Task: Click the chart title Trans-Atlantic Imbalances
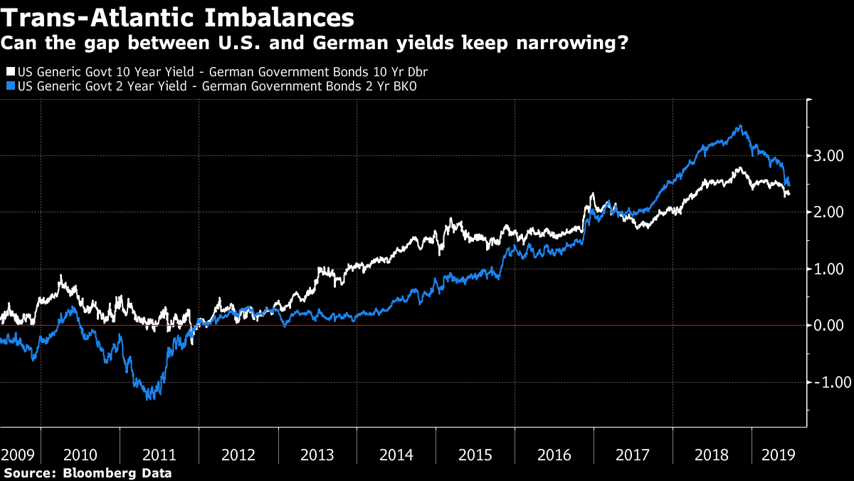(178, 17)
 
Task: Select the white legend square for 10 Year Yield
(10, 72)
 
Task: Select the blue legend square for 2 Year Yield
(10, 86)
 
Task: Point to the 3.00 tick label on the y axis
(828, 156)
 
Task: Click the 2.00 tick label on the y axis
(828, 212)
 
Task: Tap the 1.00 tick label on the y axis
(828, 269)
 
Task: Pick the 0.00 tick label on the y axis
(828, 326)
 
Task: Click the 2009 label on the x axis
(17, 455)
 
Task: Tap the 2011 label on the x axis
(159, 455)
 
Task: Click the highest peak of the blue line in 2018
(741, 126)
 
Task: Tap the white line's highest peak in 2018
(739, 168)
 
